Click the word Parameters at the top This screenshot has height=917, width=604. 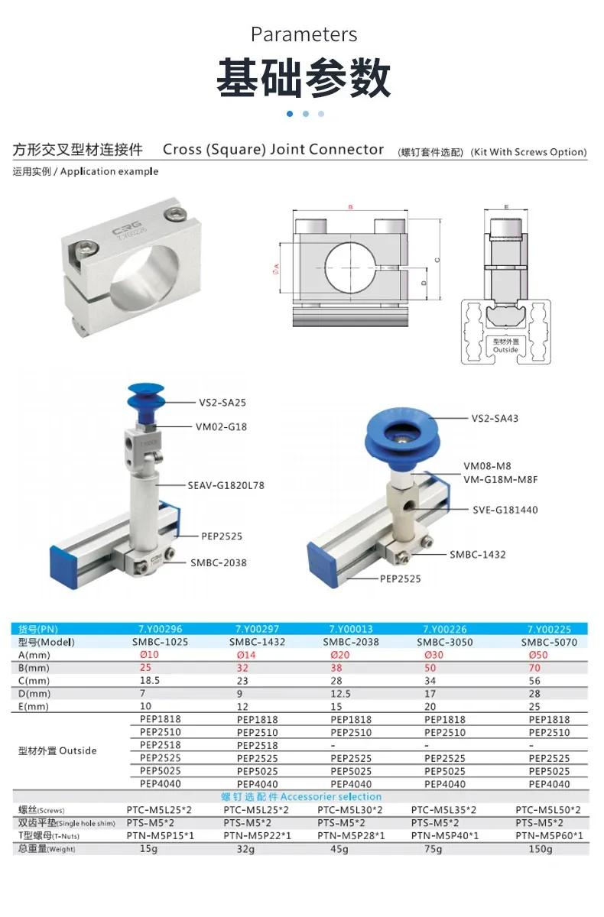tap(304, 34)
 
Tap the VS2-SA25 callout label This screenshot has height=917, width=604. tap(222, 402)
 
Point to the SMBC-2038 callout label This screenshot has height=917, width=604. tap(219, 562)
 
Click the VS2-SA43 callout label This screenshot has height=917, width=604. tap(495, 418)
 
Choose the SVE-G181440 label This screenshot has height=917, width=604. tap(505, 509)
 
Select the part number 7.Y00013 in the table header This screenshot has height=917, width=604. tap(351, 630)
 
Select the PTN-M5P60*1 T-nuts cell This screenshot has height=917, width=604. tap(547, 836)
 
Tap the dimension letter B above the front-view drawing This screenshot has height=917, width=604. tap(349, 207)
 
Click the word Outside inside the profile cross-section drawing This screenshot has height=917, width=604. tap(505, 350)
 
